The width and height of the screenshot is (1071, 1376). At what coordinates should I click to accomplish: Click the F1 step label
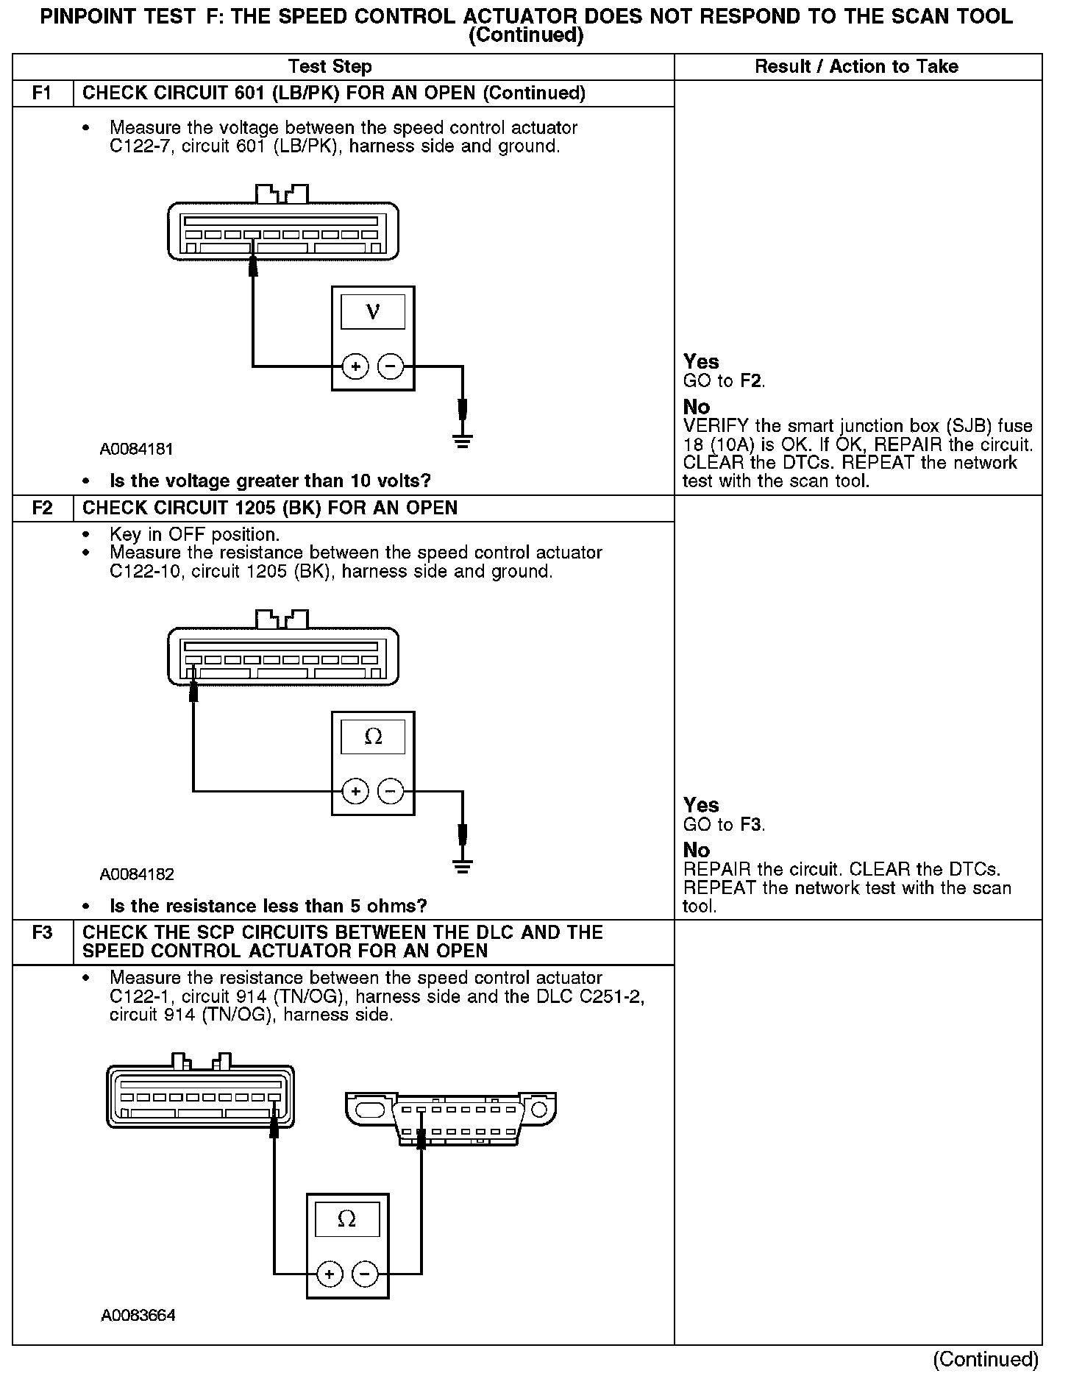[x=43, y=93]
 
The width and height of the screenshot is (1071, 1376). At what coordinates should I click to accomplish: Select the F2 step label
[x=43, y=508]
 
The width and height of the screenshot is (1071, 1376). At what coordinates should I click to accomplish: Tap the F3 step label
[x=43, y=933]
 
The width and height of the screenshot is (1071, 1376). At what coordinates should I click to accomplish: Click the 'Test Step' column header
[x=330, y=67]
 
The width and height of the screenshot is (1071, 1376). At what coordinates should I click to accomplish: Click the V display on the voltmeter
[x=373, y=312]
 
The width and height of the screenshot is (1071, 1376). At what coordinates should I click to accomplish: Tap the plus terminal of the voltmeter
[x=355, y=366]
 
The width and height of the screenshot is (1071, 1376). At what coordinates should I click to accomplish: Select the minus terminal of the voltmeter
[x=391, y=366]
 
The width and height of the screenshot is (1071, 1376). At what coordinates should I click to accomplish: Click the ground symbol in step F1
[x=463, y=441]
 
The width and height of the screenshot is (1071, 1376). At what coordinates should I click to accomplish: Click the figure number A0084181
[x=137, y=449]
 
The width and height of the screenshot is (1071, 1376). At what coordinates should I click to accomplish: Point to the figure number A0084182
[x=137, y=874]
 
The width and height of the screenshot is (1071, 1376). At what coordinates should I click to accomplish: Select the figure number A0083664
[x=138, y=1316]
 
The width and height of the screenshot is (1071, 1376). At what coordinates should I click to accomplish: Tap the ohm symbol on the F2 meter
[x=373, y=737]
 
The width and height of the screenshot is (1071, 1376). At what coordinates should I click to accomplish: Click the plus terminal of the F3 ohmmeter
[x=330, y=1274]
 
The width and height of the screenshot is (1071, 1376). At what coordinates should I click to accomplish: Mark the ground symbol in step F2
[x=463, y=867]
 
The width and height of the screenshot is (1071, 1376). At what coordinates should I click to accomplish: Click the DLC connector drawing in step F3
[x=450, y=1118]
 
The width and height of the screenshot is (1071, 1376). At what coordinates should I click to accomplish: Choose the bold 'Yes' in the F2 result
[x=701, y=805]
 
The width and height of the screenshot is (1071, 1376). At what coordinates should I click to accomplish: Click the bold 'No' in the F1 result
[x=697, y=407]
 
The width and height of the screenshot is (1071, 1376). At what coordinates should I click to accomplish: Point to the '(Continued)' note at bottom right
[x=986, y=1359]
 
